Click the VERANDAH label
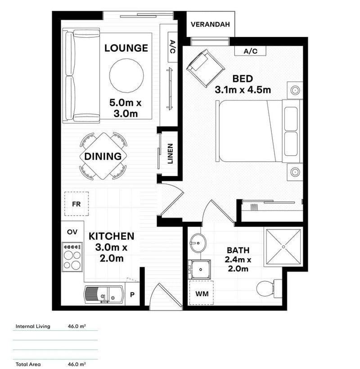pos(210,24)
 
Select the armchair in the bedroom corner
pos(205,68)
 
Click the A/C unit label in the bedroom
pos(250,51)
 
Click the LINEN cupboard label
pos(170,153)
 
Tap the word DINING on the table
pos(103,157)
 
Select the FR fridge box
pos(76,203)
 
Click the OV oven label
pos(72,232)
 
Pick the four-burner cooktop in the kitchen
pos(72,257)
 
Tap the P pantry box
pos(132,296)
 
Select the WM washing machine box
pos(201,293)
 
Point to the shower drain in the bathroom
pos(283,246)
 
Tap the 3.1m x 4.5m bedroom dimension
pos(243,83)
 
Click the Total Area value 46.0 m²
pos(76,364)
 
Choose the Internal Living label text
pos(33,326)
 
